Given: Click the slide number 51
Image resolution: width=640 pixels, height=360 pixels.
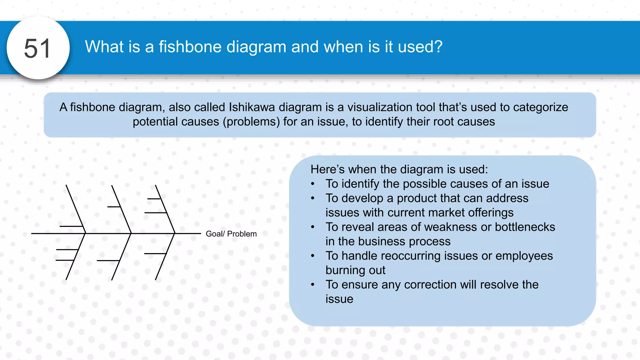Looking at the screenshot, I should click(x=37, y=48).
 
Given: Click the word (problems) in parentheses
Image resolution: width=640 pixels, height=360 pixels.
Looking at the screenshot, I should click(x=251, y=122).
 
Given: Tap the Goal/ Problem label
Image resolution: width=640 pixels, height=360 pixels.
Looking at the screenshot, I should click(x=231, y=234).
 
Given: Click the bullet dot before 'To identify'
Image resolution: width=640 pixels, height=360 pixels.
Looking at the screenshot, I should click(x=312, y=184).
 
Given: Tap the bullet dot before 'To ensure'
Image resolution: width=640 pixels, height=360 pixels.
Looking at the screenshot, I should click(x=312, y=284).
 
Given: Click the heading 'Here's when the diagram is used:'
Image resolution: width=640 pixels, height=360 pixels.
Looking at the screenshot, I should click(x=399, y=169).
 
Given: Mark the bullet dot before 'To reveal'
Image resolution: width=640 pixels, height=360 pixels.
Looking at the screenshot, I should click(x=312, y=227).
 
